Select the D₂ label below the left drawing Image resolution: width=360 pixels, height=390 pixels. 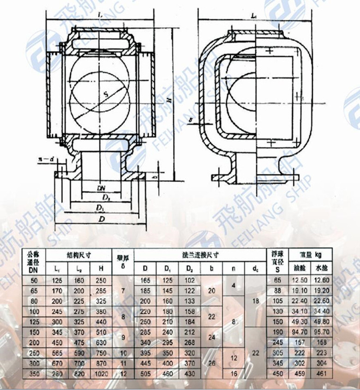pos(106,197)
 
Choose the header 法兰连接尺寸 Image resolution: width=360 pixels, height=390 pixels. pos(199,254)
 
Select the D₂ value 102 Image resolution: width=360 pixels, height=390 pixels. pos(189,280)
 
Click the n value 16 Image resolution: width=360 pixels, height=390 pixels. pos(234,374)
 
